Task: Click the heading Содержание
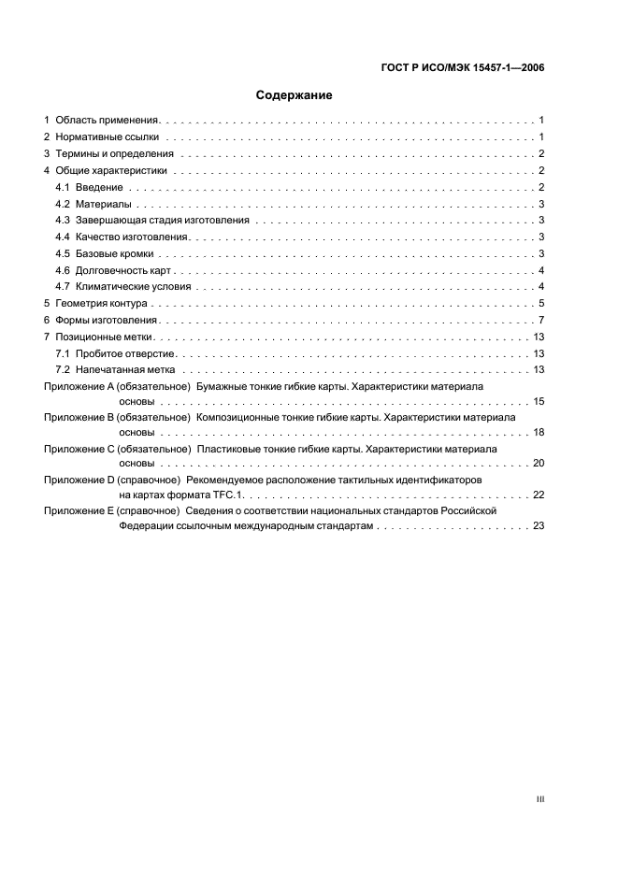(295, 95)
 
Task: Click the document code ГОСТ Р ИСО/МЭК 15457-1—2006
(464, 67)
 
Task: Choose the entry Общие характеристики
(111, 170)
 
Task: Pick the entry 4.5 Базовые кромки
(110, 253)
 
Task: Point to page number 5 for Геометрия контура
(541, 304)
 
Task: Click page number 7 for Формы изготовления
(541, 320)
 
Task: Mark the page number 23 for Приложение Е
(538, 526)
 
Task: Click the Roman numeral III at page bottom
(539, 799)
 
